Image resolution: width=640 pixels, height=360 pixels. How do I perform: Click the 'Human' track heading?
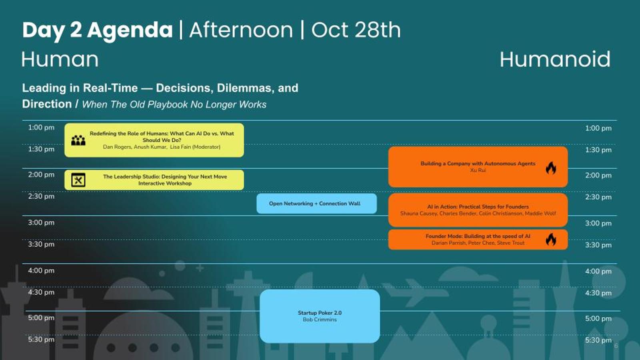coord(60,60)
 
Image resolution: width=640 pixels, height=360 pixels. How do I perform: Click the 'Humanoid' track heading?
coord(555,59)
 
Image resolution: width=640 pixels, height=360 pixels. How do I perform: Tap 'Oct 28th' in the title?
coord(356,30)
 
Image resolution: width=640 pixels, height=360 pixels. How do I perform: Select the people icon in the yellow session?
coord(78,140)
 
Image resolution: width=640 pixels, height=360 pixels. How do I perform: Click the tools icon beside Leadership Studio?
coord(78,180)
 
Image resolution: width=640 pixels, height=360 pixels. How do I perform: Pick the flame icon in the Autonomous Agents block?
coord(551,168)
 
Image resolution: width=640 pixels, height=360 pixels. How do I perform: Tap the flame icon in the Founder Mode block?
coord(551,239)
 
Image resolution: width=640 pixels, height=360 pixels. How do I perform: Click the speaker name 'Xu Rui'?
coord(478,170)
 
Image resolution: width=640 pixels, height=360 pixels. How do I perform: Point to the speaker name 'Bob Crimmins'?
coord(320,320)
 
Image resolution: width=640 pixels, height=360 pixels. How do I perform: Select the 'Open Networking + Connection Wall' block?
coord(316,204)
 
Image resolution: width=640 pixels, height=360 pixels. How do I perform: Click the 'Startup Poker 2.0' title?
coord(320,313)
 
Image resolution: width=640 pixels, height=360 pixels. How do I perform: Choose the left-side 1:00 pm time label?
coord(41,128)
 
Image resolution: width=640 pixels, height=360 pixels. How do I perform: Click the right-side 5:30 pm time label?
coord(598,340)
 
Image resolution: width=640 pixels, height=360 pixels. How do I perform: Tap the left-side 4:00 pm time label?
coord(41,270)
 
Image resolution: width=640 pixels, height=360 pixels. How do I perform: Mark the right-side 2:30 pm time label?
coord(598,197)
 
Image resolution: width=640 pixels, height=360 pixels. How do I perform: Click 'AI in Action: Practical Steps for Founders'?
coord(478,206)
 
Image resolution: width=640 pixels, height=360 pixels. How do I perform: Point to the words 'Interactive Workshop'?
coord(165,184)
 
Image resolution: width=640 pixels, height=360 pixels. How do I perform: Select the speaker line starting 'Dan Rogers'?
coord(162,147)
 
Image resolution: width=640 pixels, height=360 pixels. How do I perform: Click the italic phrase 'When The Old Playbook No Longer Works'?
coord(174,104)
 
